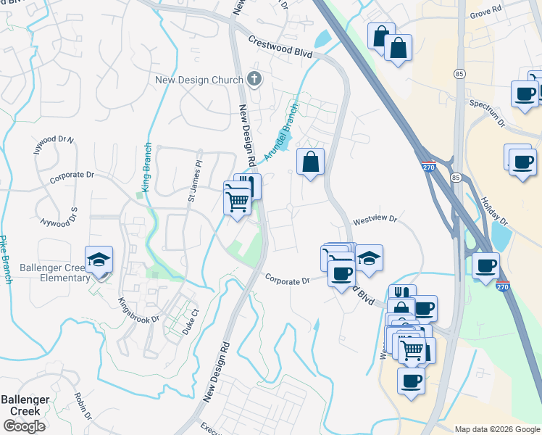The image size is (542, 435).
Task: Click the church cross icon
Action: (x=254, y=78)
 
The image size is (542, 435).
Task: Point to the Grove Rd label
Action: (x=485, y=12)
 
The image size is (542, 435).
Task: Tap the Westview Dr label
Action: (x=375, y=219)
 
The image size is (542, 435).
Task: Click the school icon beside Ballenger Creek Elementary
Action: (x=99, y=260)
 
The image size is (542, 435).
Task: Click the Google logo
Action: (x=24, y=426)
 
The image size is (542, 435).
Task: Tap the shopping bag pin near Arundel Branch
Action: (x=310, y=162)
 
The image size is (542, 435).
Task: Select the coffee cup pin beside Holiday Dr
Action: (x=486, y=265)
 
